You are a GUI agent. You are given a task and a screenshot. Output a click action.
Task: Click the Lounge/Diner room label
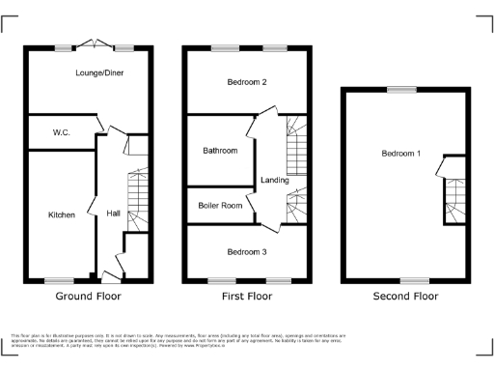(x=98, y=72)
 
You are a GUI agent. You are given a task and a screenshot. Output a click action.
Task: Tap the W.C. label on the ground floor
(x=60, y=132)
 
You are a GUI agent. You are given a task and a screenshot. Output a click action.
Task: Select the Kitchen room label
(x=61, y=214)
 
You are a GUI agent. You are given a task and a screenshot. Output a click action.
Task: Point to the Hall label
(x=113, y=214)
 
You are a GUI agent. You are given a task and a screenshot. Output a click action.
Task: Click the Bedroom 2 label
(x=246, y=83)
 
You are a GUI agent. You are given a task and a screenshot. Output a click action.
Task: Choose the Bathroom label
(x=220, y=151)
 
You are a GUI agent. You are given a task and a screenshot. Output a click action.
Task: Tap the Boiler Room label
(x=219, y=205)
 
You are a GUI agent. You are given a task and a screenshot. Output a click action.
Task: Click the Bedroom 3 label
(x=246, y=251)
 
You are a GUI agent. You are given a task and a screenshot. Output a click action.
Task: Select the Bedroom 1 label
(x=400, y=154)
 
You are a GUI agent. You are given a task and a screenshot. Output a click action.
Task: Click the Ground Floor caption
(x=89, y=296)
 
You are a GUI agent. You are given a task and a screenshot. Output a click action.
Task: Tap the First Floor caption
(x=248, y=296)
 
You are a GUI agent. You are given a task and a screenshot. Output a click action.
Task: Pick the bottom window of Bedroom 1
(x=415, y=281)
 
